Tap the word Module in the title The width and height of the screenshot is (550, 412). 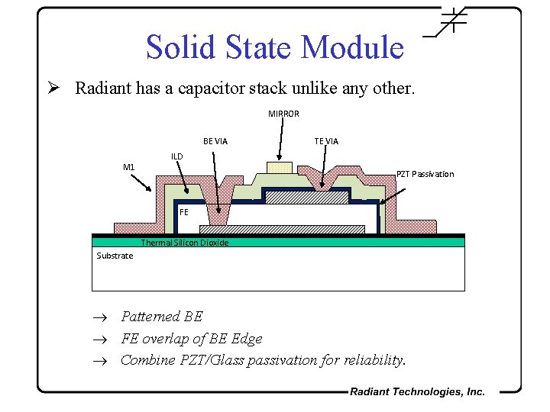click(x=352, y=47)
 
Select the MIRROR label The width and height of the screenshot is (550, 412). click(x=283, y=114)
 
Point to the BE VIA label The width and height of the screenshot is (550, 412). click(x=215, y=141)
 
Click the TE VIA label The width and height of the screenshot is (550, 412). click(x=326, y=141)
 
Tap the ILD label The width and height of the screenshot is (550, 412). click(x=176, y=156)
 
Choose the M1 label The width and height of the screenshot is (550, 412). click(x=129, y=167)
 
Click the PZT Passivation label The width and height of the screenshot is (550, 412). click(x=425, y=174)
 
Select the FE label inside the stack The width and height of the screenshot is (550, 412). click(x=184, y=212)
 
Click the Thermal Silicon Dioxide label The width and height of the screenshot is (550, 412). click(x=184, y=243)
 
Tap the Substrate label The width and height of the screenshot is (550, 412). click(x=115, y=256)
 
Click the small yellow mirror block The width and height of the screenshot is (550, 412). click(x=279, y=167)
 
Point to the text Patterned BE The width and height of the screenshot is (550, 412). click(x=162, y=316)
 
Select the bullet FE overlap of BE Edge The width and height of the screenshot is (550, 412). click(x=191, y=338)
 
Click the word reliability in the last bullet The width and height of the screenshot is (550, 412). click(x=374, y=359)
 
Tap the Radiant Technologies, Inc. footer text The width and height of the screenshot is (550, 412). click(x=417, y=391)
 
